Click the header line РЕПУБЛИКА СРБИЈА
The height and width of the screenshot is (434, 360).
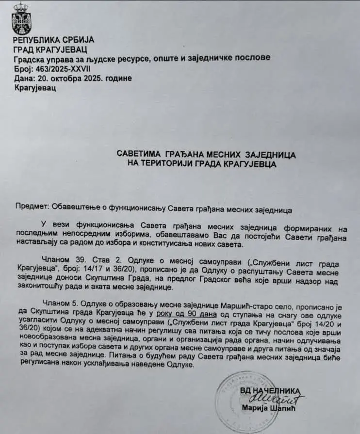tap(53, 40)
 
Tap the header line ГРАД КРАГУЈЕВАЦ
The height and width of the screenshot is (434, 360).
tap(50, 49)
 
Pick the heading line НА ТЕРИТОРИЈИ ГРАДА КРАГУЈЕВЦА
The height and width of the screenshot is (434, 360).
tap(202, 164)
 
